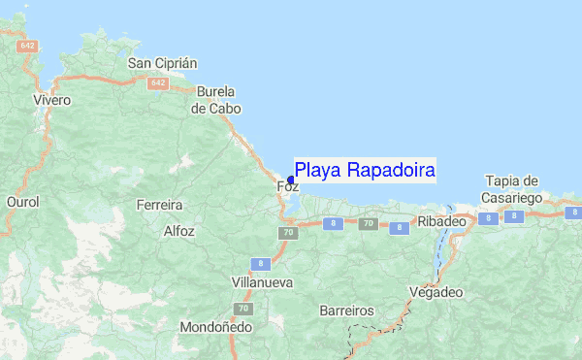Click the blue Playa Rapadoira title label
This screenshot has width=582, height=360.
[365, 171]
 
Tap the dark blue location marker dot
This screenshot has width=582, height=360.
[291, 180]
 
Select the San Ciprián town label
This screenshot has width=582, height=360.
[163, 63]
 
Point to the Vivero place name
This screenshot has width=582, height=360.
[52, 100]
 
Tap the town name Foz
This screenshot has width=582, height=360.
[287, 187]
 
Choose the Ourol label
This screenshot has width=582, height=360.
[22, 202]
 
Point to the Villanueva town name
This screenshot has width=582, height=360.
[234, 283]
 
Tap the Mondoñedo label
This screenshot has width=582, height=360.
[216, 327]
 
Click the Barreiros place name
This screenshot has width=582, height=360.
[346, 311]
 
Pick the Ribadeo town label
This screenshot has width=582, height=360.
[442, 222]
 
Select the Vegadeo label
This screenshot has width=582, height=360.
[436, 291]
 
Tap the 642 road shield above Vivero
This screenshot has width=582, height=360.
[27, 46]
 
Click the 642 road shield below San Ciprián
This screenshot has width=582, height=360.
[158, 84]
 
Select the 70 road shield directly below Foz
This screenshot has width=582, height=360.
[288, 233]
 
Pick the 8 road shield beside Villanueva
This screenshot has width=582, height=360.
[259, 263]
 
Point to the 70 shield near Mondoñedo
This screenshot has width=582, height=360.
[244, 309]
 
